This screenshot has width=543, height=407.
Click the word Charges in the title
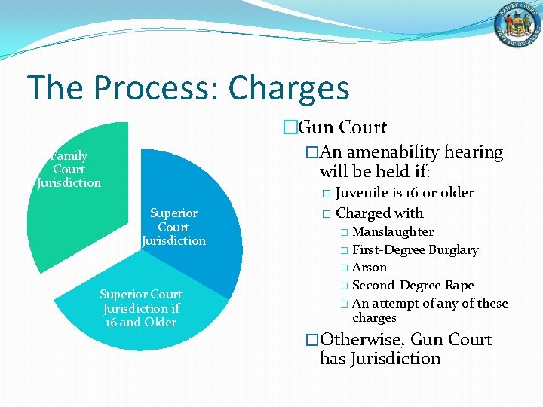click(x=290, y=88)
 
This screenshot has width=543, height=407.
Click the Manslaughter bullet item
click(x=392, y=232)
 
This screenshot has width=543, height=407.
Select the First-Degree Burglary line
click(x=415, y=250)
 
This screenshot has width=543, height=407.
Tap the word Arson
click(x=369, y=268)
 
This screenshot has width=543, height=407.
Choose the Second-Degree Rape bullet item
click(x=413, y=286)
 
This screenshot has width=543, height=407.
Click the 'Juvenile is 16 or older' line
click(x=404, y=193)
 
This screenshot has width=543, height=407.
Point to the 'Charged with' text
click(x=379, y=213)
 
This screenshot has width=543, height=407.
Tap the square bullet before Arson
click(x=344, y=268)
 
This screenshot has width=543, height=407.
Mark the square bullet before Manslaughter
click(x=344, y=233)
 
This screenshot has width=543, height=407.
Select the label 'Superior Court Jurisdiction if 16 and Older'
click(x=141, y=308)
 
